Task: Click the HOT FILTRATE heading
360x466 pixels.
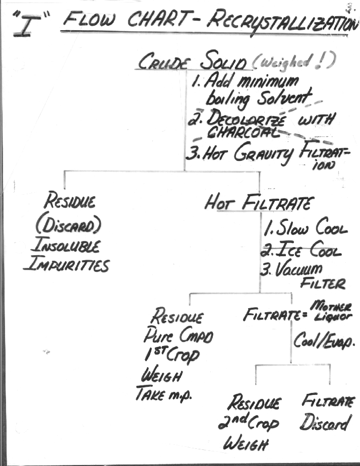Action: click(259, 203)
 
